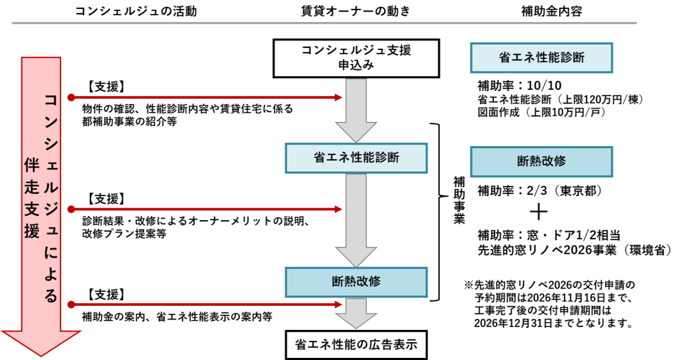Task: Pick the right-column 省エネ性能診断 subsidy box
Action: tap(541, 58)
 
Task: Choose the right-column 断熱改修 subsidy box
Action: tap(541, 162)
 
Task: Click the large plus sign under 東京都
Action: tap(542, 211)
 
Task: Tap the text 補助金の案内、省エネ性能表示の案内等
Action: tap(176, 317)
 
